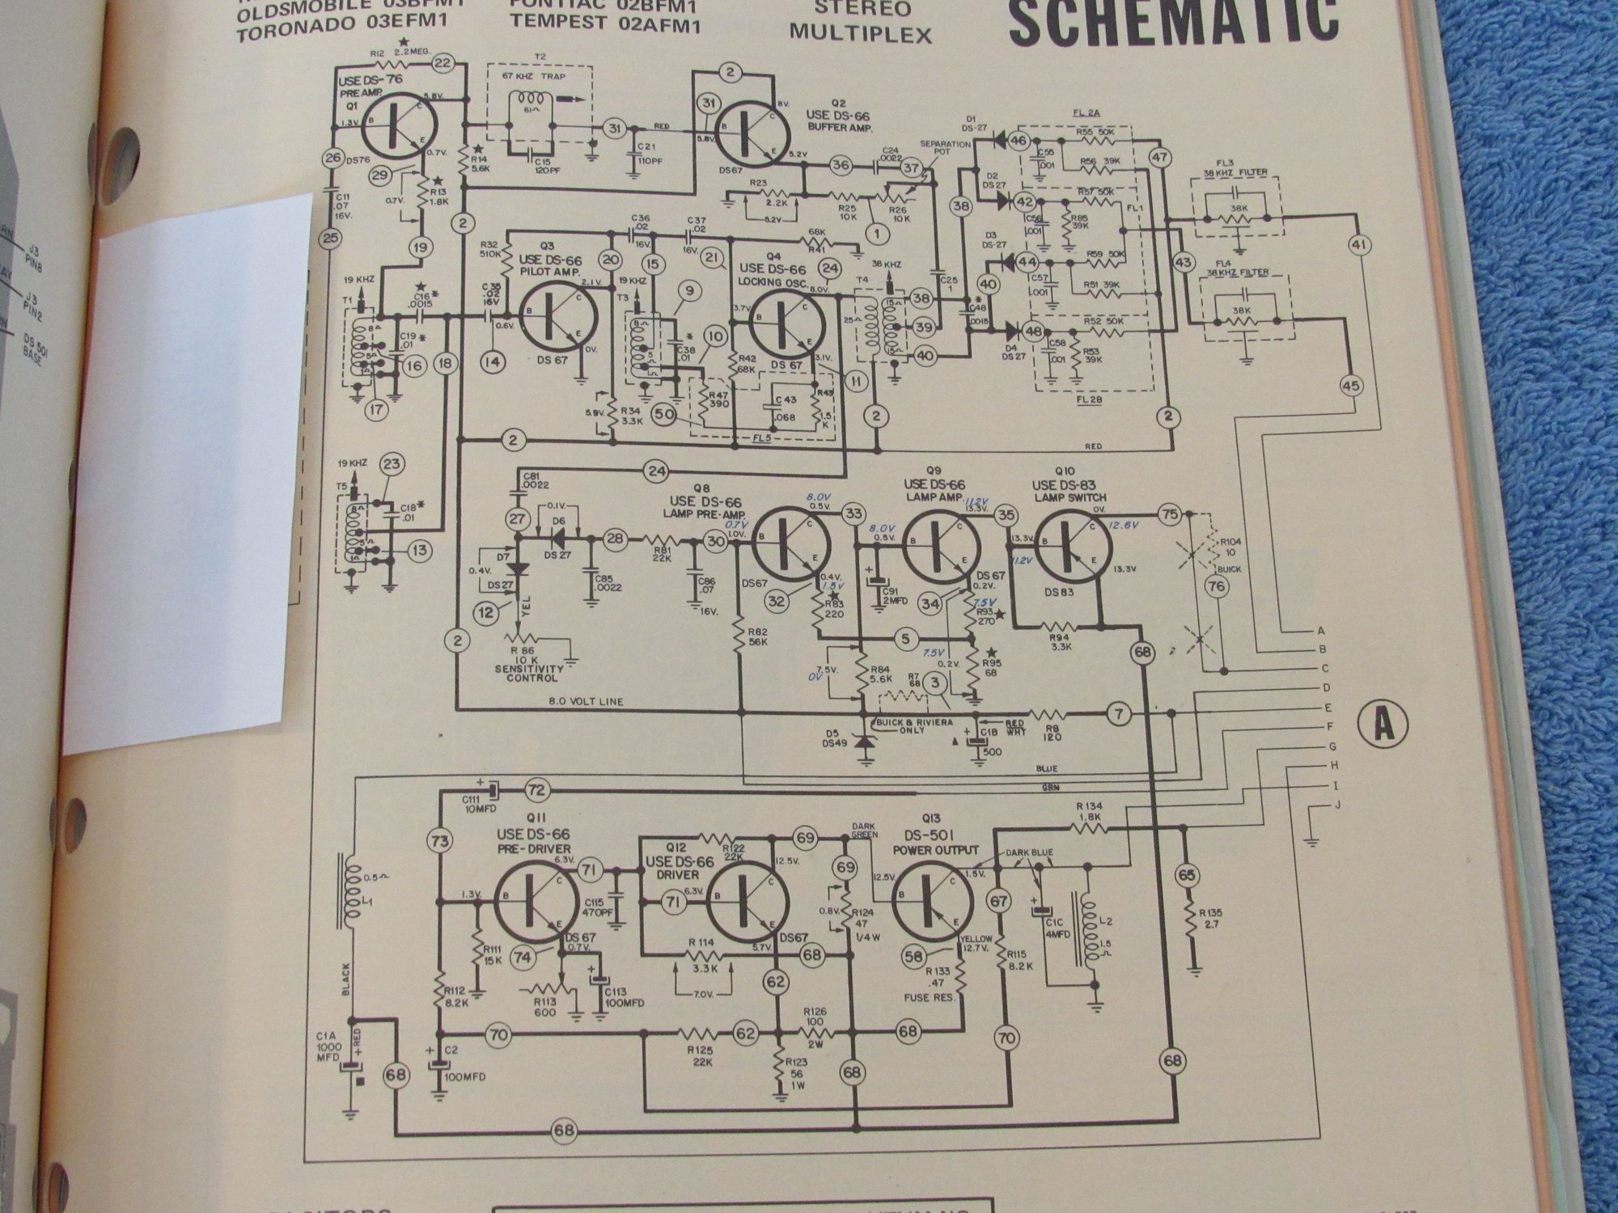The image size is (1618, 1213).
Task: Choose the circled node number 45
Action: click(x=1350, y=387)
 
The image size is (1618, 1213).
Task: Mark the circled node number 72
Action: click(x=536, y=788)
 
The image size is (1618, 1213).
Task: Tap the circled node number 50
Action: click(x=665, y=414)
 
